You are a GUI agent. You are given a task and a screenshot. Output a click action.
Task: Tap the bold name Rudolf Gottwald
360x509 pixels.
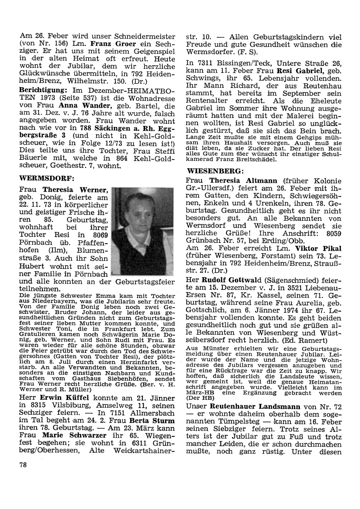pyautogui.click(x=232, y=280)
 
